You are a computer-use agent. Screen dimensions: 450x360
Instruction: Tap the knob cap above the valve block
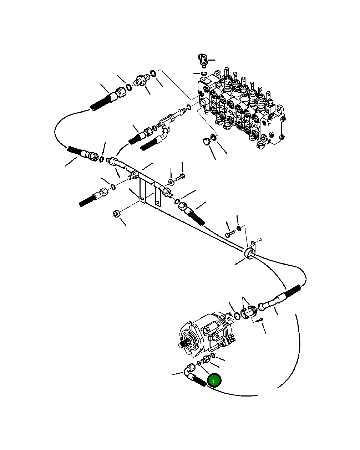tap(203, 59)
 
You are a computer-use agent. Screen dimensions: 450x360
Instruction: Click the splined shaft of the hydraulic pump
tap(182, 344)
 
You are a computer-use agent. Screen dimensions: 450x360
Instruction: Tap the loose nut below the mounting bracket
tap(116, 214)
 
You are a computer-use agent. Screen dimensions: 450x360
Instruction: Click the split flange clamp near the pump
tap(248, 312)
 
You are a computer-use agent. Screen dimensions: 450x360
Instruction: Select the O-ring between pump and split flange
tap(237, 316)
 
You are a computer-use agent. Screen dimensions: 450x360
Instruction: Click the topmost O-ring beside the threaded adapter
tap(153, 73)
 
